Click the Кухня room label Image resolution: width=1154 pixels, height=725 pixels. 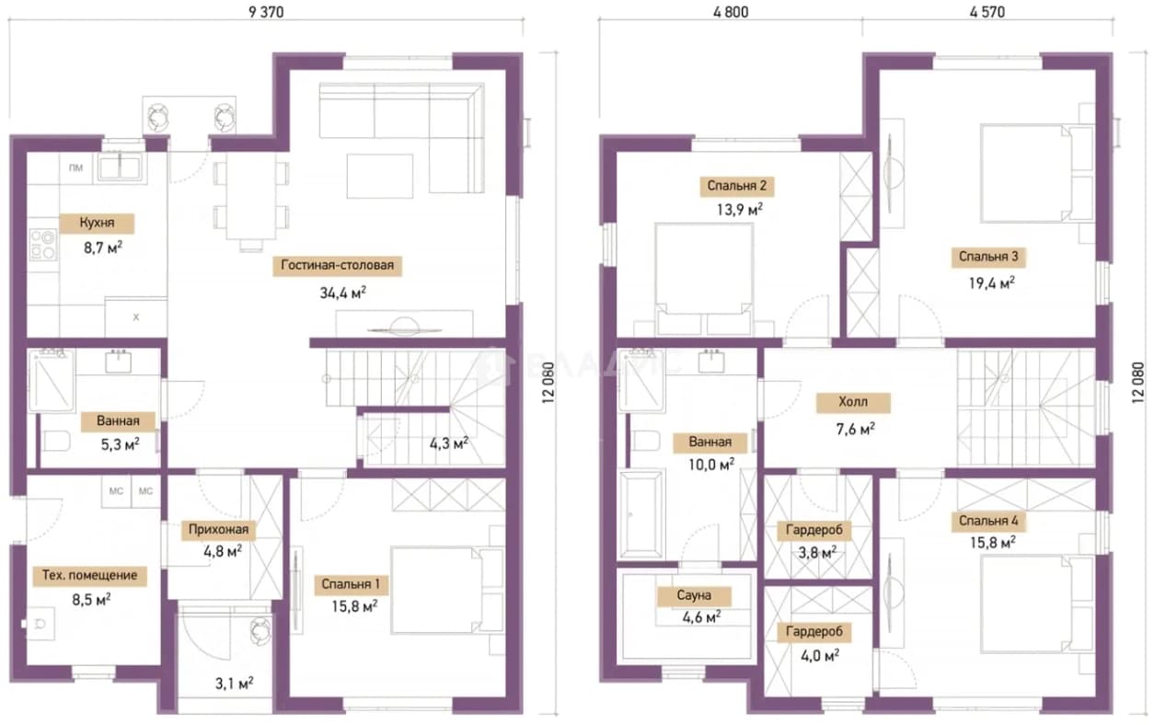(97, 223)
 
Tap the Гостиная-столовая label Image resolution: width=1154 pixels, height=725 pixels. (338, 265)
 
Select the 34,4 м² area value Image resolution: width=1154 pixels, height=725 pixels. (342, 293)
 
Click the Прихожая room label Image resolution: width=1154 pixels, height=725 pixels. (218, 529)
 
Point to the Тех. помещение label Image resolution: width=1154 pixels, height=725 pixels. (89, 575)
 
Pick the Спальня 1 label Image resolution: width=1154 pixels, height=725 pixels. (351, 584)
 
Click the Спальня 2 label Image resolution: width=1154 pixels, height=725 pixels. (737, 185)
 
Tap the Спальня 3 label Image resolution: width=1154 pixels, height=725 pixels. (988, 257)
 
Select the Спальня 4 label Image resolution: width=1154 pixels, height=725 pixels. (988, 521)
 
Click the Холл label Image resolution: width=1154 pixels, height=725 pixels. (853, 402)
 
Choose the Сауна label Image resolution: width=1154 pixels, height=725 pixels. (694, 595)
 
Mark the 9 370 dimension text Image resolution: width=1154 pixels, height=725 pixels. (266, 12)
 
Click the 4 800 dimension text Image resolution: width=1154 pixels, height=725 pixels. (731, 12)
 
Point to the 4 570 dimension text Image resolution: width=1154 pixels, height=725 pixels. (987, 12)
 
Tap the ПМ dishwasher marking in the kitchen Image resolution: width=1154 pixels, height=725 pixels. (75, 167)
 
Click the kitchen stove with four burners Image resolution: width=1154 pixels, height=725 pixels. (43, 245)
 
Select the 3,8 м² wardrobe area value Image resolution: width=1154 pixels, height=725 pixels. (817, 553)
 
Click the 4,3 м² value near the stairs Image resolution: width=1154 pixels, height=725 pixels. (449, 443)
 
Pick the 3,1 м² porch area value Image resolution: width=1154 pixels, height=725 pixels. (234, 684)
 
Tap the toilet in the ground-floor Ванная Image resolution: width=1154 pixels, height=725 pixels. (57, 442)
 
